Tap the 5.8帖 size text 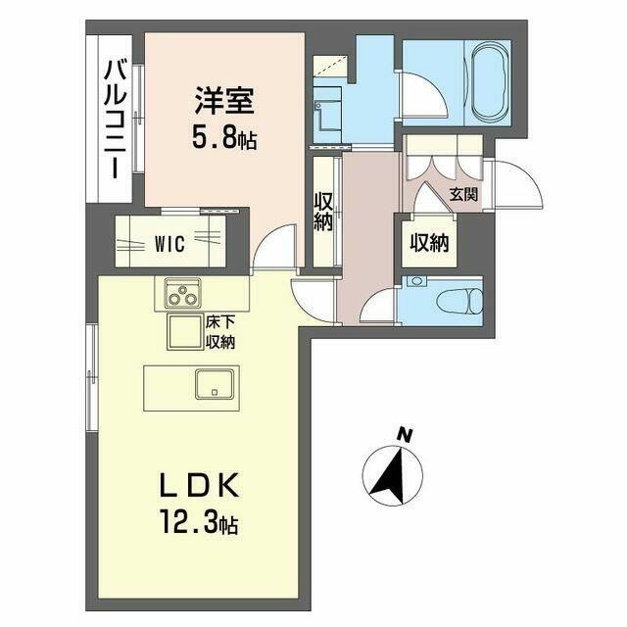click(x=224, y=139)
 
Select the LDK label click(x=199, y=485)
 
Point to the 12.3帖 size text click(x=199, y=522)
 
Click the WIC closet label click(x=169, y=244)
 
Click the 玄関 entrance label click(x=463, y=195)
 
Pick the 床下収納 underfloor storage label click(x=219, y=332)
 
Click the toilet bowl click(x=460, y=301)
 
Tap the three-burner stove click(x=183, y=293)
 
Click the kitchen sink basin click(x=215, y=384)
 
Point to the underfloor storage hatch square click(x=184, y=332)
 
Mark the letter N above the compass click(x=406, y=435)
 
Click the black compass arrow click(x=389, y=474)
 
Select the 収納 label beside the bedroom click(x=323, y=212)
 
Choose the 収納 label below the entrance click(x=430, y=242)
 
